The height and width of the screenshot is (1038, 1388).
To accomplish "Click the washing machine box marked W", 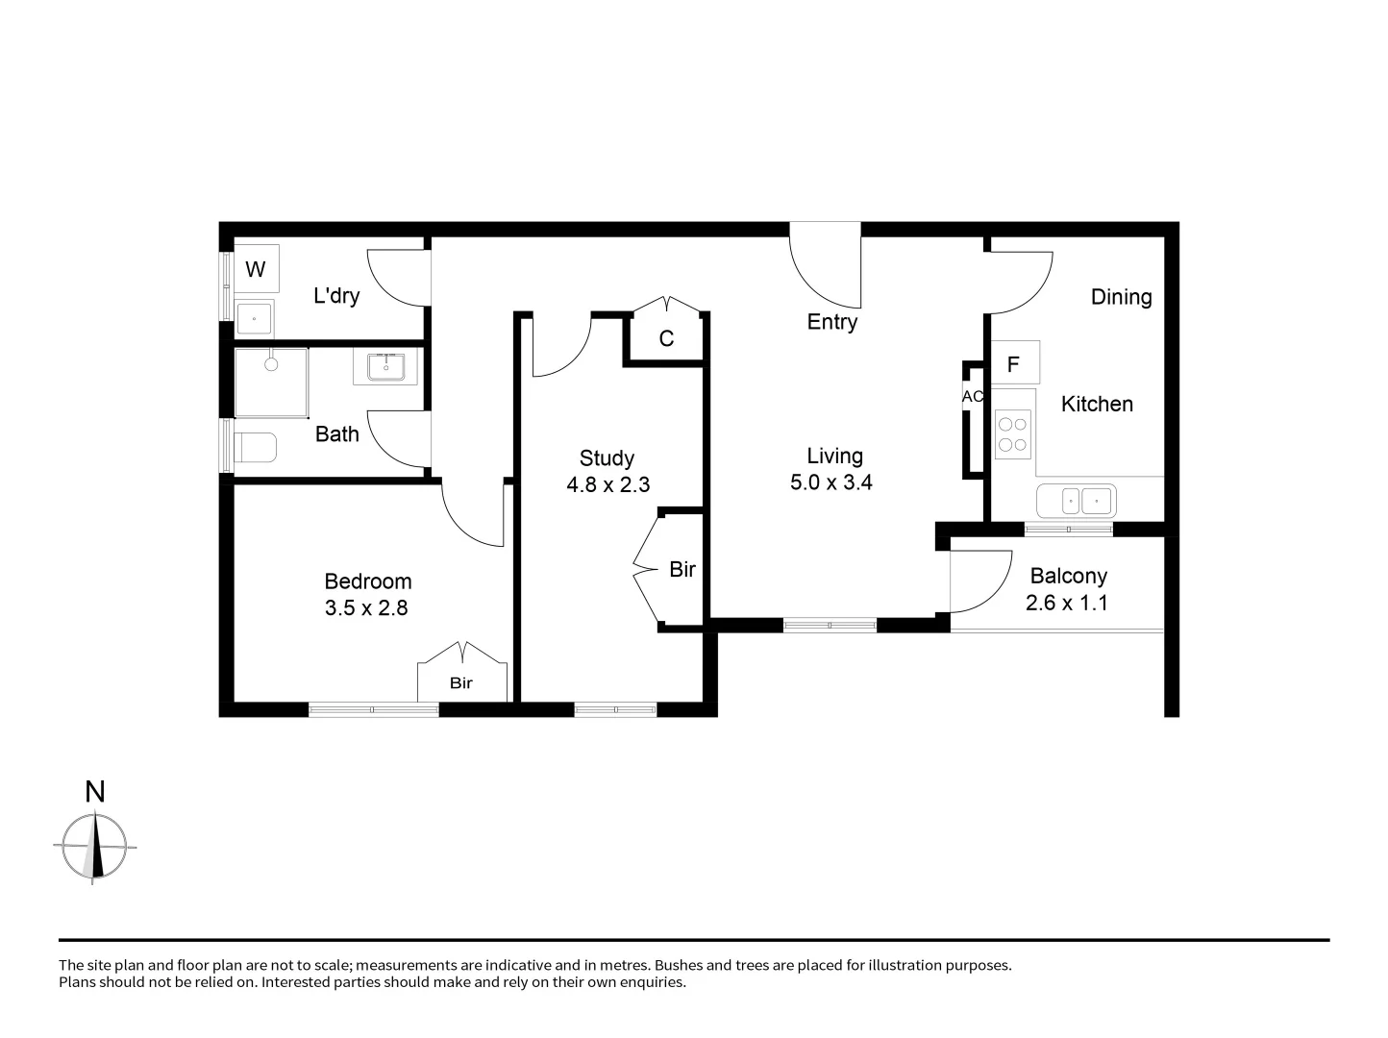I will pos(256,269).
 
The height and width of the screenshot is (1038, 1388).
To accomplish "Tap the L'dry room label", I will pos(336,296).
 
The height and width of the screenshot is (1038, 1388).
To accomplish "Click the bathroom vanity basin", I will pos(385,367).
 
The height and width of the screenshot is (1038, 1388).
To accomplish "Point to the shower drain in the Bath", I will pos(271,364).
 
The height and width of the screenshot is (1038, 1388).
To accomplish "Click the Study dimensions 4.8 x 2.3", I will pos(607,485).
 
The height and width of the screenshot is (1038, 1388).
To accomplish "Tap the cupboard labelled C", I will pos(666,338).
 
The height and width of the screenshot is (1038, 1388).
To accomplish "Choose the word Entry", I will pos(831,322).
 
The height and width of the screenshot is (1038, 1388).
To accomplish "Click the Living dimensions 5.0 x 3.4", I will pos(830,482).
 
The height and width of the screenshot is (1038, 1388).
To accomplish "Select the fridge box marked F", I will pos(1013,364).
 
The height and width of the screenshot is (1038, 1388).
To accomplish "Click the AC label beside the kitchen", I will pos(973,396).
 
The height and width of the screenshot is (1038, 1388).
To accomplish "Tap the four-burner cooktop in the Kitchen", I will pos(1012,433).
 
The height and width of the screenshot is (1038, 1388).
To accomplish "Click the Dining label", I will pos(1121,297).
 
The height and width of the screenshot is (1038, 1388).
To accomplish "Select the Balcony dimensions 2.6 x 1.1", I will pos(1067,604).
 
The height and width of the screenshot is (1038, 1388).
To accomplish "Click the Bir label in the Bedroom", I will pos(461,683).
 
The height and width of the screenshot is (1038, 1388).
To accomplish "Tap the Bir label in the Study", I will pos(682,570).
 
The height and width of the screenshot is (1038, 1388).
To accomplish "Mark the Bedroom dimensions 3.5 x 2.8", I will pos(366,608).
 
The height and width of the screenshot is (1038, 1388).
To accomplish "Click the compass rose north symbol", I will pos(94,846).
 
